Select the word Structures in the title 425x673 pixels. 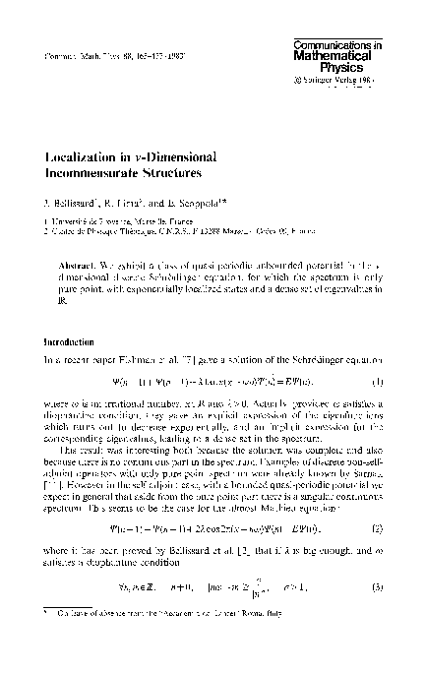tap(193, 172)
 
